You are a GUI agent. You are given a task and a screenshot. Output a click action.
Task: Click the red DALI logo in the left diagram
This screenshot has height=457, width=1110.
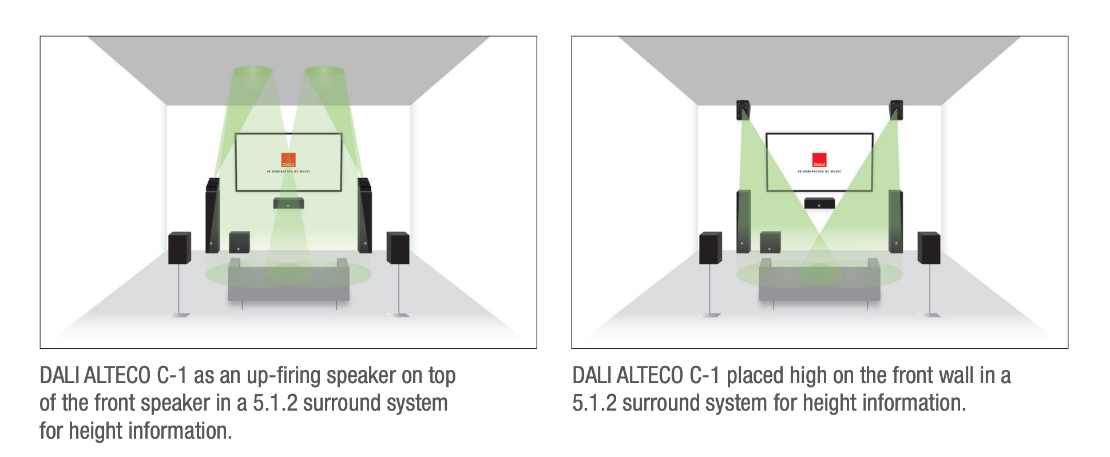click(288, 160)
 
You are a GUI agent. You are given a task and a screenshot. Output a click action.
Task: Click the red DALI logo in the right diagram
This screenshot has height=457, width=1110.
click(819, 160)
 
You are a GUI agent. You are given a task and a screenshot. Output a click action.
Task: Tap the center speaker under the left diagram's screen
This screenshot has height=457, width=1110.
click(288, 203)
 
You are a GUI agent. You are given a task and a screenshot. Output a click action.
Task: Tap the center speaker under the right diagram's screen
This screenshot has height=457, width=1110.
click(819, 203)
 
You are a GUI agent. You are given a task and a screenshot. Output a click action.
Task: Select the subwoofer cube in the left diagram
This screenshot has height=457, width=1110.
click(239, 242)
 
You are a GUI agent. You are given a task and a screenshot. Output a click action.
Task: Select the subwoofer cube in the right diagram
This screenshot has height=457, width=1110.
click(770, 242)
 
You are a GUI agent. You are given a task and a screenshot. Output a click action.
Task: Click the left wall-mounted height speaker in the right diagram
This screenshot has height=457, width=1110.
click(743, 109)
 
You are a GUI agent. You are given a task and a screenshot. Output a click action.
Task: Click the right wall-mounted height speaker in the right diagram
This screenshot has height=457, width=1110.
click(896, 109)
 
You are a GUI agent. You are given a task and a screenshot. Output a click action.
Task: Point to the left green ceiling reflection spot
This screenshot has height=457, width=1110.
click(252, 71)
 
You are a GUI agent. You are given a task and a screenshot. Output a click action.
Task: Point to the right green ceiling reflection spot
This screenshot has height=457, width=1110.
click(324, 71)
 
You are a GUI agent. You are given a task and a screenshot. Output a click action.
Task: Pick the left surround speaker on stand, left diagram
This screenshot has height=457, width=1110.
click(179, 247)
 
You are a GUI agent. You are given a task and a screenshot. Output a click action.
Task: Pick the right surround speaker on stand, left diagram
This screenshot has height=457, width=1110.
click(398, 247)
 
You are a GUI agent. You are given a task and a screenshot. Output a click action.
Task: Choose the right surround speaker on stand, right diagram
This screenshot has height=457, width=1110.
click(929, 247)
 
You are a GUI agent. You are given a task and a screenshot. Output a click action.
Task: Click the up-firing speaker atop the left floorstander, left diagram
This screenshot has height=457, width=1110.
click(213, 184)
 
